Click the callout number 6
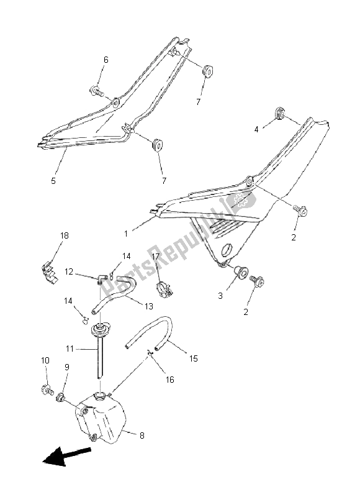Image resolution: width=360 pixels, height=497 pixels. (x=106, y=60)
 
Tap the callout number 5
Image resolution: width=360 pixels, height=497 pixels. (x=53, y=181)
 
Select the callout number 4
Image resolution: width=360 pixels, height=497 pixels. (x=256, y=129)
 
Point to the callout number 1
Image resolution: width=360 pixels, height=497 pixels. (x=126, y=234)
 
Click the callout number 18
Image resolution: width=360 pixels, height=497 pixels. (x=65, y=235)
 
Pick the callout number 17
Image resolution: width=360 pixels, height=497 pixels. (x=155, y=256)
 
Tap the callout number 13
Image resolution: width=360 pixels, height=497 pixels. (x=148, y=306)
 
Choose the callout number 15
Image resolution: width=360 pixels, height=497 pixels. (x=194, y=358)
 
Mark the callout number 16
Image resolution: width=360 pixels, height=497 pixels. (x=170, y=380)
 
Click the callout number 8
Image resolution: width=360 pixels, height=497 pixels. (x=142, y=435)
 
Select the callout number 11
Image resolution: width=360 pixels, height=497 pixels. (x=70, y=349)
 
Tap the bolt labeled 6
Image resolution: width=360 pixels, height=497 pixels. (x=97, y=91)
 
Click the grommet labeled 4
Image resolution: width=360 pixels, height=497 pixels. (x=279, y=114)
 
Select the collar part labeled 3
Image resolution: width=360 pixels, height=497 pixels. (x=241, y=272)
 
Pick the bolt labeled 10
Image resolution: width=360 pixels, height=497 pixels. (x=47, y=390)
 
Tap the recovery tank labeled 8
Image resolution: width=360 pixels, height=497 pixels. (x=100, y=417)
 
